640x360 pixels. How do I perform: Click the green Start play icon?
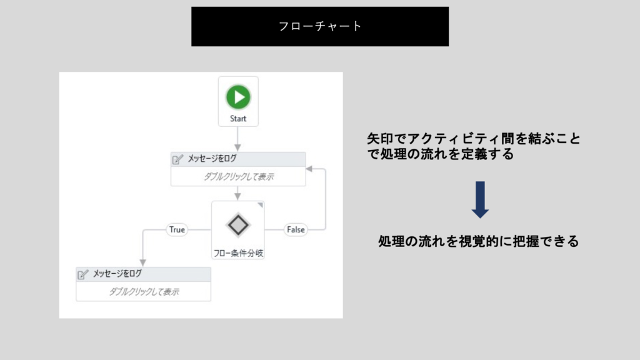click(238, 97)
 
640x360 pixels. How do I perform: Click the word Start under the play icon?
click(238, 119)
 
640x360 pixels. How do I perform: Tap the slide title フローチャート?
click(320, 26)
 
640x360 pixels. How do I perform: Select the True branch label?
click(177, 230)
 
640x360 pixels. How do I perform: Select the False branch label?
click(296, 230)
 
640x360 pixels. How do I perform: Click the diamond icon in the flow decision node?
click(238, 225)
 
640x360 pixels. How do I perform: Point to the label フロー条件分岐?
click(238, 253)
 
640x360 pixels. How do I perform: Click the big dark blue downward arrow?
click(480, 200)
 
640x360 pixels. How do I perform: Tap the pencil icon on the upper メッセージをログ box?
click(177, 159)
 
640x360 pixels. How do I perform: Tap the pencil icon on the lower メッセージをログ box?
click(83, 274)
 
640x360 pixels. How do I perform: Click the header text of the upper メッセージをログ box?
click(212, 158)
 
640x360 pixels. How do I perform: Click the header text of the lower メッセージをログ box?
click(117, 274)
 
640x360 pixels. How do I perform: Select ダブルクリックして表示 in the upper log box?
click(239, 177)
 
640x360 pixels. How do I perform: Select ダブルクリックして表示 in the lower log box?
click(144, 292)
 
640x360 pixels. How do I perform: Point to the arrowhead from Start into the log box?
click(237, 147)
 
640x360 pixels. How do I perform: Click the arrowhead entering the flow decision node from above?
click(237, 196)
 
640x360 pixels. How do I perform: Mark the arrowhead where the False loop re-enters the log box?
click(309, 169)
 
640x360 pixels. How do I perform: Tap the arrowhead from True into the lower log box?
click(143, 262)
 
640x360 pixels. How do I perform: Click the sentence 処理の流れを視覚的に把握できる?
click(478, 241)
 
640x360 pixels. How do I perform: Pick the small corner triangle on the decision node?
click(260, 205)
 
